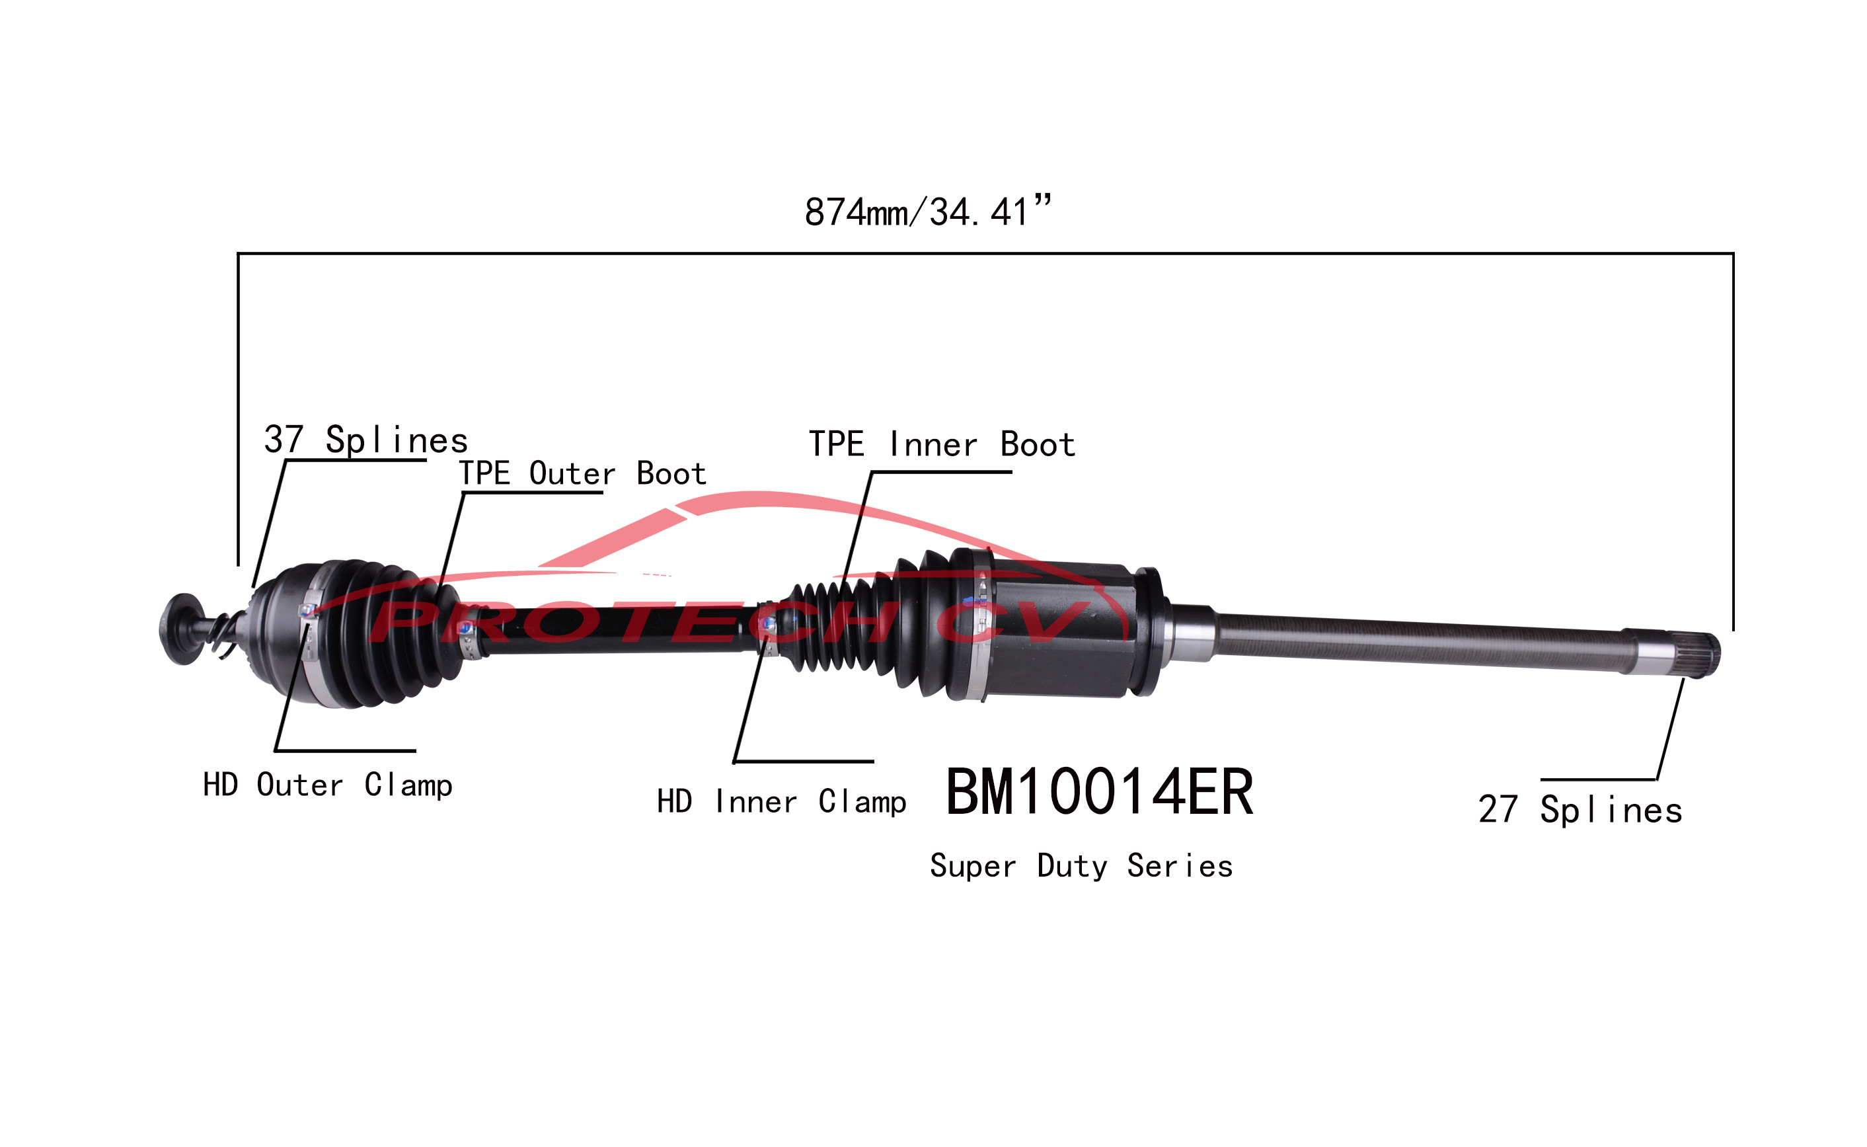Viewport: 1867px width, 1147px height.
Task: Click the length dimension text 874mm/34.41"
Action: click(x=927, y=212)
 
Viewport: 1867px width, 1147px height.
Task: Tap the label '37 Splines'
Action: click(x=365, y=440)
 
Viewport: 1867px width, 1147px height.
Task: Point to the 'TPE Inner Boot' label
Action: click(x=942, y=444)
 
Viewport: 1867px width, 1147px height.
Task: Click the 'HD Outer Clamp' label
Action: click(x=328, y=785)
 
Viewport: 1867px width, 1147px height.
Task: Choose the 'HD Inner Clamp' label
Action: click(x=781, y=802)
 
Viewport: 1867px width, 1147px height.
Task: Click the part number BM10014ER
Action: click(x=1099, y=793)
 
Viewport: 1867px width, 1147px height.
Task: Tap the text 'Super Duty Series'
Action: click(x=1081, y=866)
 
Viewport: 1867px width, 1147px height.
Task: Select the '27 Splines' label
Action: click(x=1580, y=811)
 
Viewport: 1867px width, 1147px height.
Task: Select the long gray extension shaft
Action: click(x=1418, y=642)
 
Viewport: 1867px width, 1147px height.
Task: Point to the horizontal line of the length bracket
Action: click(x=986, y=253)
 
